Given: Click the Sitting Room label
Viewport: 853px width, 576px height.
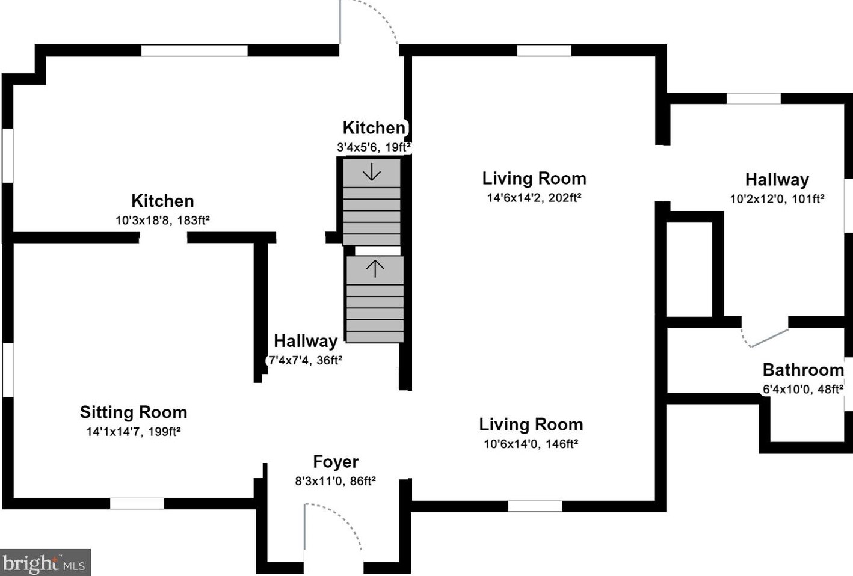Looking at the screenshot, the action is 134,412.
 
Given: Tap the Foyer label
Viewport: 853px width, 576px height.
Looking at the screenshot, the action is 336,462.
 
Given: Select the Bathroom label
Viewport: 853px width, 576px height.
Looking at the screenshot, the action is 803,370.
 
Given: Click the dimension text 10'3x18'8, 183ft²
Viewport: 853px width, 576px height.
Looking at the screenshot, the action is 162,220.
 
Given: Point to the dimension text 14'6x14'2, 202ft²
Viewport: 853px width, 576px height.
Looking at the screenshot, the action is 534,198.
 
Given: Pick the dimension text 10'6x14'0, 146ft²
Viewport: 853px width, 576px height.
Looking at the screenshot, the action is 531,444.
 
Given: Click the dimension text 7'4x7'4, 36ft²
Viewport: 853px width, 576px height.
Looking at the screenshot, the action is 306,360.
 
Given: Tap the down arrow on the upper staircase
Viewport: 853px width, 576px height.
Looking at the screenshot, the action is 372,172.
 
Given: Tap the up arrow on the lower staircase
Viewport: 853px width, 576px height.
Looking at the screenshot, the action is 375,269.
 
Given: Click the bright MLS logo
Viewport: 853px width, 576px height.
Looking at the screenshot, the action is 45,562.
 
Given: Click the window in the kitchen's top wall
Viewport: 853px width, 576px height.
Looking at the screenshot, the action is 194,51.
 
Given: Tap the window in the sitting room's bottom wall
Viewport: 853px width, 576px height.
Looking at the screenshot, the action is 137,503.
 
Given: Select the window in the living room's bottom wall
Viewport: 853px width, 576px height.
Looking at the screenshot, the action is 535,506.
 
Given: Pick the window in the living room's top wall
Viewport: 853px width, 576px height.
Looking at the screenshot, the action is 544,51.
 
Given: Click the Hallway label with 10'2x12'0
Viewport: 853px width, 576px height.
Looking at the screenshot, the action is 777,180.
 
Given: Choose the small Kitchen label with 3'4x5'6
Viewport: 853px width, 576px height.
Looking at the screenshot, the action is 374,128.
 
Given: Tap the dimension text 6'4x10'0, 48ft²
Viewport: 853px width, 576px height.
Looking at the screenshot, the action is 803,389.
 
